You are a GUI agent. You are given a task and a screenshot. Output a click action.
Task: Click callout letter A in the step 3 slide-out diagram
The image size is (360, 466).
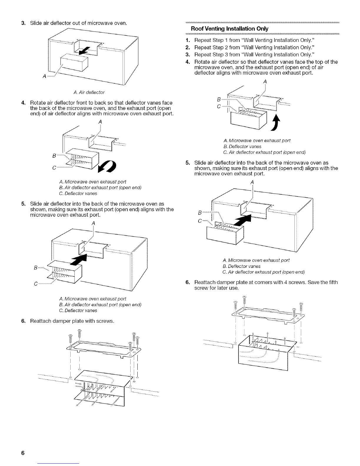[x=44, y=77]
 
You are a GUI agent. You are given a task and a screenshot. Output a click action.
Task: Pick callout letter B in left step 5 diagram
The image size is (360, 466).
[x=36, y=268]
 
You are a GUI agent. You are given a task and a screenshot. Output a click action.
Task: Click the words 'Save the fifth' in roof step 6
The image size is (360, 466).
[x=324, y=282]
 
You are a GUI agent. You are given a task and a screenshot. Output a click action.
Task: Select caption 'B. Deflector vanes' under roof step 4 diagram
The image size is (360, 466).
[x=242, y=146]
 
